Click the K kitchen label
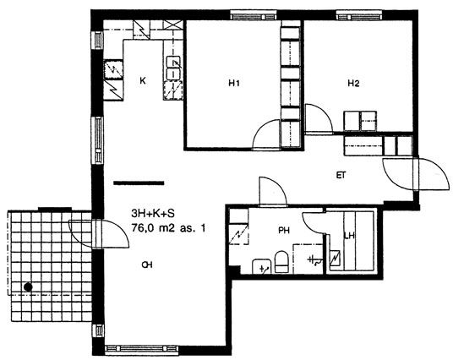[143, 80]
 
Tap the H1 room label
[234, 84]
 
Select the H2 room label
[353, 84]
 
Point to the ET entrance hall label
[341, 175]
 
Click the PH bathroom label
[284, 230]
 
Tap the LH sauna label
[350, 236]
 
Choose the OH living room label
[147, 265]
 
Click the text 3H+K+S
[153, 214]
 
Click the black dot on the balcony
[28, 287]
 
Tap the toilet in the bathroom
[281, 261]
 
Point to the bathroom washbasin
[263, 267]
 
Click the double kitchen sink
[174, 68]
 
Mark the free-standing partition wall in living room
[139, 183]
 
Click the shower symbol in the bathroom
[314, 260]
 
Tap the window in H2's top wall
[359, 15]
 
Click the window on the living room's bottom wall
[142, 349]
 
